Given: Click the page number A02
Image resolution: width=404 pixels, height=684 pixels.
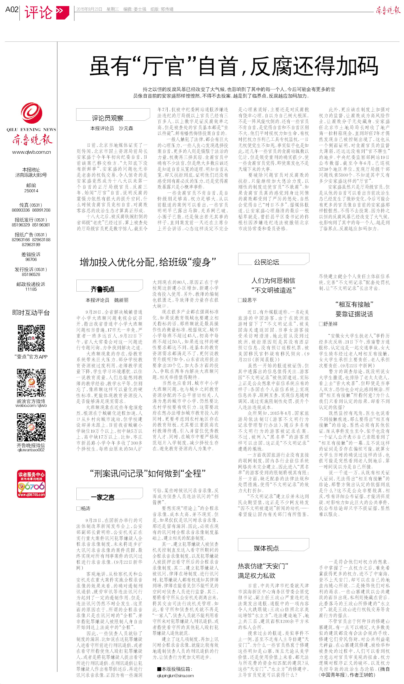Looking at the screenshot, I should [x=12, y=10].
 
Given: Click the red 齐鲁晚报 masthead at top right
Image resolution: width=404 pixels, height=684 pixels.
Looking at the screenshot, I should [x=388, y=11].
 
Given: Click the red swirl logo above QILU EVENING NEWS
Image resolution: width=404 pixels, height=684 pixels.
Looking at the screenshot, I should [x=32, y=113].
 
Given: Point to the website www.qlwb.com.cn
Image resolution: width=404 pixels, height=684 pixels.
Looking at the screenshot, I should [x=31, y=152].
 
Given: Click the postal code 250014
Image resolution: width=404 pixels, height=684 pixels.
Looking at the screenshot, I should [x=31, y=191].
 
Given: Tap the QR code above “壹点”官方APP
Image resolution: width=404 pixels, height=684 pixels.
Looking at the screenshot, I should [x=31, y=338].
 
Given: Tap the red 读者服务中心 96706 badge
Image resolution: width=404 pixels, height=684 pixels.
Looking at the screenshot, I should [x=31, y=484].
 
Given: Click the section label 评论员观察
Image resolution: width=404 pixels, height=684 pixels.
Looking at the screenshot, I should [x=107, y=118].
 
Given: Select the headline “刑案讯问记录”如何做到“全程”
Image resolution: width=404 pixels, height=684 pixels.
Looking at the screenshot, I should [x=148, y=474].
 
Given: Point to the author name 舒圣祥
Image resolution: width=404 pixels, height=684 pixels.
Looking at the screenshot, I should [x=330, y=324].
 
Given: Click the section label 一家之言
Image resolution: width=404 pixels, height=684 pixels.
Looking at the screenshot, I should [x=102, y=497].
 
